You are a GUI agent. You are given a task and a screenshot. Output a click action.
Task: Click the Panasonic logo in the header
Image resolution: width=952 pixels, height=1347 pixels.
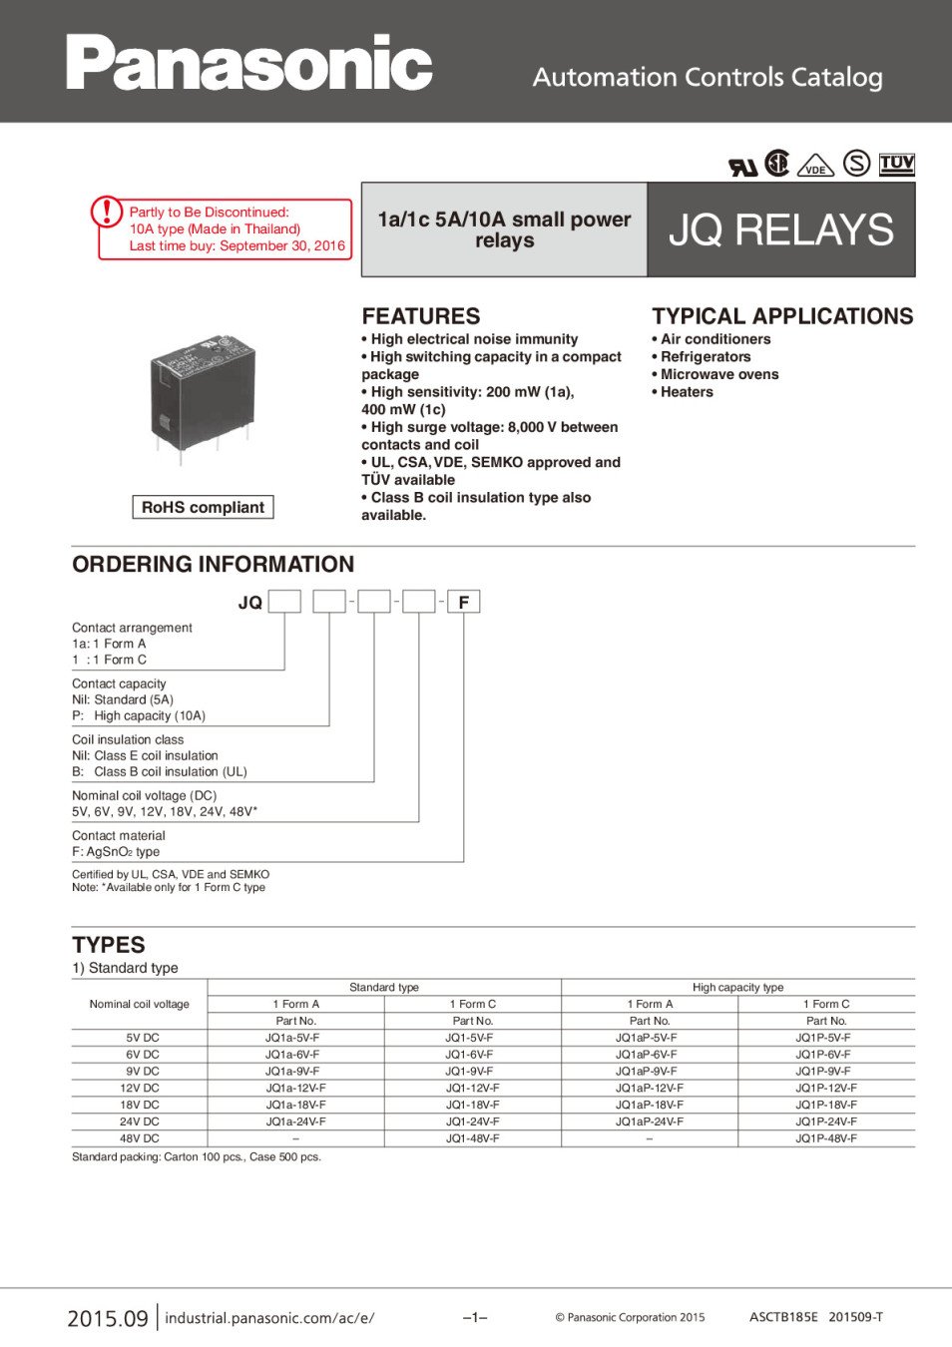coord(249,63)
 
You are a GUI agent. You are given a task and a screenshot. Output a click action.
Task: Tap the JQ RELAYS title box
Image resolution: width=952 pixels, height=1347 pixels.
coord(781,229)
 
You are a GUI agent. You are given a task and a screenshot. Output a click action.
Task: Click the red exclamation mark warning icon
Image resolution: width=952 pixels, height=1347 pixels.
coord(107,212)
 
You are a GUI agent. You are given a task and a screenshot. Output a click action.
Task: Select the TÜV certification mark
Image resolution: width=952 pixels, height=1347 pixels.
coord(896,164)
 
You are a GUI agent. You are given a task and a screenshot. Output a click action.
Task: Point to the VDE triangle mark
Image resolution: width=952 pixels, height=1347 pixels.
coord(815,167)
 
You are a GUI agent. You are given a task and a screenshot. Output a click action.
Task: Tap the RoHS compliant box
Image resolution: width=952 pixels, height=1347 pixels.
coord(203,507)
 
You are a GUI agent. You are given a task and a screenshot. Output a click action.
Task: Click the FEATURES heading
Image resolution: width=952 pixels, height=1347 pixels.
coord(421,316)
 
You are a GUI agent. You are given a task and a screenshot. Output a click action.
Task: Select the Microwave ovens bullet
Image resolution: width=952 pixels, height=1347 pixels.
coord(718,374)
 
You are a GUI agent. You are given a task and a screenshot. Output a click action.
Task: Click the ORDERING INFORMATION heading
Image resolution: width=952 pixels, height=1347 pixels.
coord(213,564)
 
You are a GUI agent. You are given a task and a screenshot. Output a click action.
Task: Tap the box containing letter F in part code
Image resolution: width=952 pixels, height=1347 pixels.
coord(463,602)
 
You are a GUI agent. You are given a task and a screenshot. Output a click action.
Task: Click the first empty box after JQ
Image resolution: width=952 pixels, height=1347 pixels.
coord(284,602)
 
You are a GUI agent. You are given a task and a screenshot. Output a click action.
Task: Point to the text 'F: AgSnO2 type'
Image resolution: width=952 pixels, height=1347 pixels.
coord(116,852)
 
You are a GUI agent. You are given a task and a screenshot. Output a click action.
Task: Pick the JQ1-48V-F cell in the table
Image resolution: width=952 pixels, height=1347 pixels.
coord(473,1138)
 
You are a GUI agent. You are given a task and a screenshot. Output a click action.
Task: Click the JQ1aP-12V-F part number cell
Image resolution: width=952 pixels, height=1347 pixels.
coord(650,1088)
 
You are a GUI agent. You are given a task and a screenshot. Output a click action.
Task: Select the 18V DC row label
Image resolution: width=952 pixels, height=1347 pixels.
coord(140,1105)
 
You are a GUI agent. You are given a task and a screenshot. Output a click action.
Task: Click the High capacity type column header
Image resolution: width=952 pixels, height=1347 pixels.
coord(737,987)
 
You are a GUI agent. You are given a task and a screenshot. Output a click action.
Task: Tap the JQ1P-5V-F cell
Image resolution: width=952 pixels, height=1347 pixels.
coord(823,1038)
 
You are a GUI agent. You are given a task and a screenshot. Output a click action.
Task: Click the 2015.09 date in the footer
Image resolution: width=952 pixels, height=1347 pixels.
coord(108,1318)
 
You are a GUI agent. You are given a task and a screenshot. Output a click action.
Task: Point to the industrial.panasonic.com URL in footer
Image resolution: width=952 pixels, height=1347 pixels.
coord(269,1318)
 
